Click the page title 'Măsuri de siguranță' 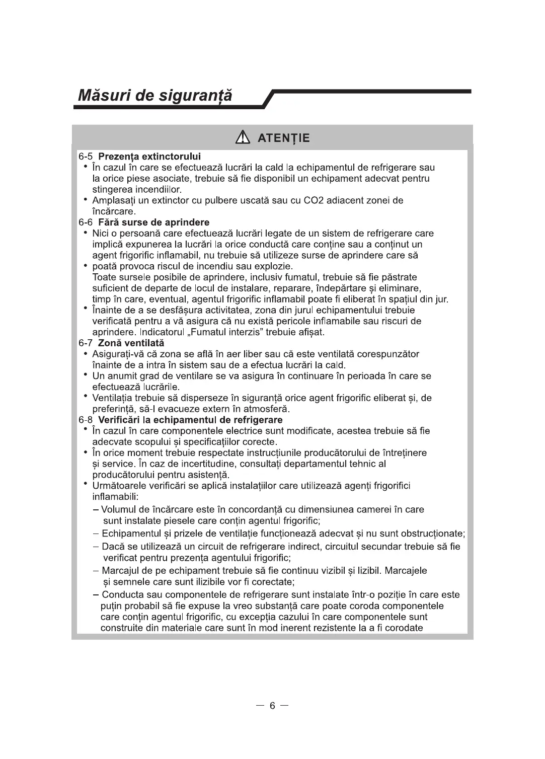pos(155,95)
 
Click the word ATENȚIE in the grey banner pos(283,138)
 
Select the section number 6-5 pos(86,157)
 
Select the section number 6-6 pos(86,222)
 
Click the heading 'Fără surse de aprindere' pos(153,222)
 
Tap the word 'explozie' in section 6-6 pos(274,266)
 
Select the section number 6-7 pos(86,343)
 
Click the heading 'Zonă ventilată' pos(131,343)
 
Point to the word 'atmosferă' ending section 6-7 pos(268,409)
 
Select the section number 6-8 pos(86,420)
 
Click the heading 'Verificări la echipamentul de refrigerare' pos(190,420)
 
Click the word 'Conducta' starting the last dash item pos(122,594)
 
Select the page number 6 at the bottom pos(272,706)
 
